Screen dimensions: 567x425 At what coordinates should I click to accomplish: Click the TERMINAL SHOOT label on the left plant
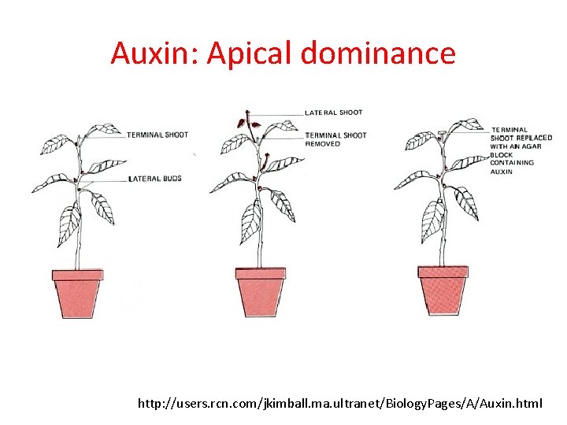coord(157,135)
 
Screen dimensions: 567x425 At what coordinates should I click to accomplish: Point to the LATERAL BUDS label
coord(154,179)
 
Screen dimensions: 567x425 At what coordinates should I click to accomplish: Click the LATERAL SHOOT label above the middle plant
coord(334,113)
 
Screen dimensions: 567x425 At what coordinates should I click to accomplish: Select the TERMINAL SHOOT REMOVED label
coord(335,139)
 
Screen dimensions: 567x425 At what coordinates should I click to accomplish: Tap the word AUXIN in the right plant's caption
coord(501,172)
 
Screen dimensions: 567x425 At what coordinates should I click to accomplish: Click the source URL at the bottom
coord(339,404)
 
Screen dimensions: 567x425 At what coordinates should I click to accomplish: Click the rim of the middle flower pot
coord(260,273)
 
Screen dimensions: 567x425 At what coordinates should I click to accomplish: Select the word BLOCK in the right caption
coord(502,155)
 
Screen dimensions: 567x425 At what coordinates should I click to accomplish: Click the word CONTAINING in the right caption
coord(512,163)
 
